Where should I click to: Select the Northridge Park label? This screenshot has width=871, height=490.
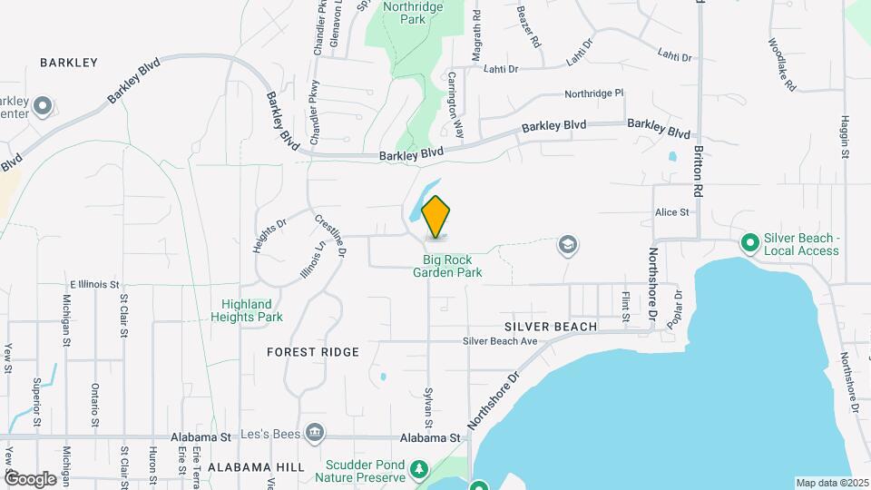(x=404, y=13)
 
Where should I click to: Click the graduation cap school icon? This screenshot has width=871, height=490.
(x=569, y=244)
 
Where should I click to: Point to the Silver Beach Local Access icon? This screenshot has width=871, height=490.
(x=750, y=243)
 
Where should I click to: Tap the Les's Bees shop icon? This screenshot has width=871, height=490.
(x=315, y=432)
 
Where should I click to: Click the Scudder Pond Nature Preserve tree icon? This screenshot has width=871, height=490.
(x=418, y=469)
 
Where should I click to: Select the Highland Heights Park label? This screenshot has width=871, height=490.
(x=247, y=310)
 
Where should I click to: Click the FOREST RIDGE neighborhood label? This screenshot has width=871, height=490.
(x=314, y=351)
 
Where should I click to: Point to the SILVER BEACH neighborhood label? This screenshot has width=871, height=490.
(x=552, y=326)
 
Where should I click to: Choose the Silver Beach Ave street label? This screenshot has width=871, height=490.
(x=500, y=341)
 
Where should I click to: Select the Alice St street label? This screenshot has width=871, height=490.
(x=672, y=211)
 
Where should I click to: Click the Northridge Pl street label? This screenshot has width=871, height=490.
(x=594, y=93)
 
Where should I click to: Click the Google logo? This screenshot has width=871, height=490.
(x=30, y=478)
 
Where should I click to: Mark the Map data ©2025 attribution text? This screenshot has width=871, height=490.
(x=832, y=483)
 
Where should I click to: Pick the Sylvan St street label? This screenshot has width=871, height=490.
(x=427, y=407)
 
